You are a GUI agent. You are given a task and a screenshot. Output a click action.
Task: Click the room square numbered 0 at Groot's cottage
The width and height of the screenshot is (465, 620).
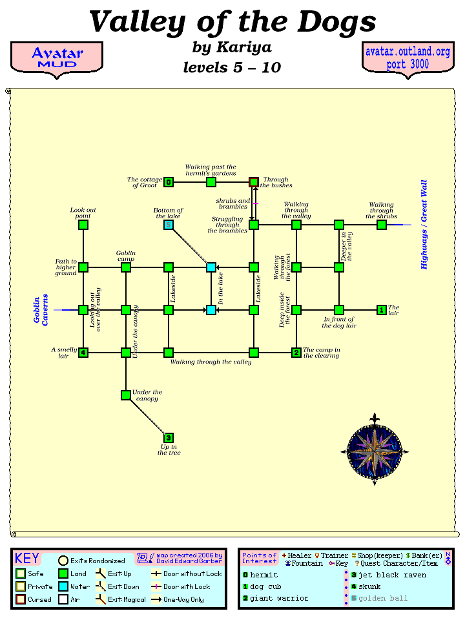(x=169, y=182)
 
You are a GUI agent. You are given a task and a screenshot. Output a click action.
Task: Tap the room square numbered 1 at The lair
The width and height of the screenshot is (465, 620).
(x=382, y=310)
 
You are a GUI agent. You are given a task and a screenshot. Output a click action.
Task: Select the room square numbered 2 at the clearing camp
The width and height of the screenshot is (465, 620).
(x=296, y=353)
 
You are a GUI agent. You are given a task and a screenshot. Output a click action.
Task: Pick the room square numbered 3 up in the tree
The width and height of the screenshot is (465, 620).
(x=169, y=438)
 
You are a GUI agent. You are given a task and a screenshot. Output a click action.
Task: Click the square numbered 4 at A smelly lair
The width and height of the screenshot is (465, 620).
(x=83, y=353)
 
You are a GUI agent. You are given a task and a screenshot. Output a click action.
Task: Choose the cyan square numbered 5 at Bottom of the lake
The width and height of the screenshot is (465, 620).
(x=169, y=225)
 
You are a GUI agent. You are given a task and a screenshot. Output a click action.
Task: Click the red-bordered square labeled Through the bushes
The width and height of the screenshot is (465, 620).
(x=254, y=182)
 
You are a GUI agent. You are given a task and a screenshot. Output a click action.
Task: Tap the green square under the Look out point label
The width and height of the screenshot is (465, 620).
(x=83, y=225)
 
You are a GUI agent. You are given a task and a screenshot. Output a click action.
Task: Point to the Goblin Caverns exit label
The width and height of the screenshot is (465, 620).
(x=41, y=310)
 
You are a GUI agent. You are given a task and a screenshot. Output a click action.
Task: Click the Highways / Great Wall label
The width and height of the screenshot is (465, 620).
(x=424, y=225)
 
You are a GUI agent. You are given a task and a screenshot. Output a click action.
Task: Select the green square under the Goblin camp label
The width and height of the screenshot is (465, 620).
(x=126, y=267)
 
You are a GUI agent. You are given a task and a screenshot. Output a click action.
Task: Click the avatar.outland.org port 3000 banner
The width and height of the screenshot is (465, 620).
(x=408, y=57)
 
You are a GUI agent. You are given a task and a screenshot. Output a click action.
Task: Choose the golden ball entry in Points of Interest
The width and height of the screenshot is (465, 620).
(x=383, y=598)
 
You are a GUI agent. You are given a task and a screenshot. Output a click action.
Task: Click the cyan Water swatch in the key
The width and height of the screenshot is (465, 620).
(x=63, y=586)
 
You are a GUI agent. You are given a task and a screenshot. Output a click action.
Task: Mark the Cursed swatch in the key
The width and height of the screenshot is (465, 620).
(x=21, y=599)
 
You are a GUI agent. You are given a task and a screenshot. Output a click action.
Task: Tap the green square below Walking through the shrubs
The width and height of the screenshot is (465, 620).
(x=382, y=225)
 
